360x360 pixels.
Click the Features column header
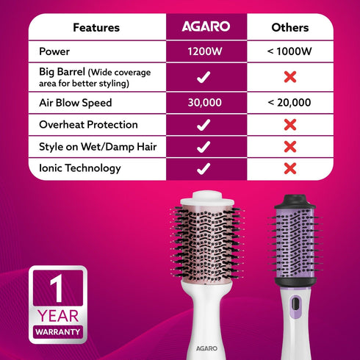point(96,28)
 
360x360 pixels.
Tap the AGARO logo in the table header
point(206,27)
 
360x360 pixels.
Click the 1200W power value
point(206,52)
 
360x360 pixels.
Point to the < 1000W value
point(289,52)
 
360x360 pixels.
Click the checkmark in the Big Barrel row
point(205,77)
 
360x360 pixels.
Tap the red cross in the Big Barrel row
point(289,77)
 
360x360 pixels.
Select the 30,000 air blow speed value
point(205,102)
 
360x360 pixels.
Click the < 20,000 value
point(289,102)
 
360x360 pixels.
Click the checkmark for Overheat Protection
point(205,125)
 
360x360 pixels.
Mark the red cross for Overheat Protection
point(289,125)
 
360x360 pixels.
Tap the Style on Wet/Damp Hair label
point(98,147)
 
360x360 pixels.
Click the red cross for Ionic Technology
point(289,168)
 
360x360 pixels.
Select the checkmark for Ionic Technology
point(205,168)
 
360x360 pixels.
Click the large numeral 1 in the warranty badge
point(57,289)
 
